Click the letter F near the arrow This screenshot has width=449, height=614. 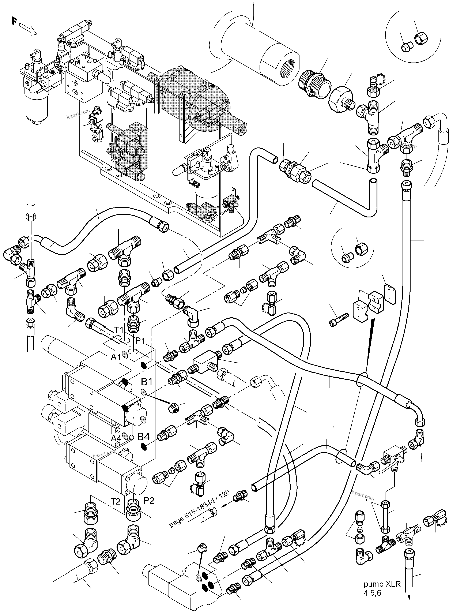[14, 21]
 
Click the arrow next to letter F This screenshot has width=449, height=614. [28, 29]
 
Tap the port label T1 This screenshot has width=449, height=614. [119, 330]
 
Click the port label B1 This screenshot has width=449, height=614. [147, 382]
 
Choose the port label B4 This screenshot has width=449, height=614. [143, 437]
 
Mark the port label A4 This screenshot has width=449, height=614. [116, 438]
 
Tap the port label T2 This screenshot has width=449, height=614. [116, 501]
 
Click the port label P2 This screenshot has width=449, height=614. [149, 501]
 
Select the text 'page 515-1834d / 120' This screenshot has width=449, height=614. [200, 509]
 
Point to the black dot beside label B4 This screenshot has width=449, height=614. [143, 446]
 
